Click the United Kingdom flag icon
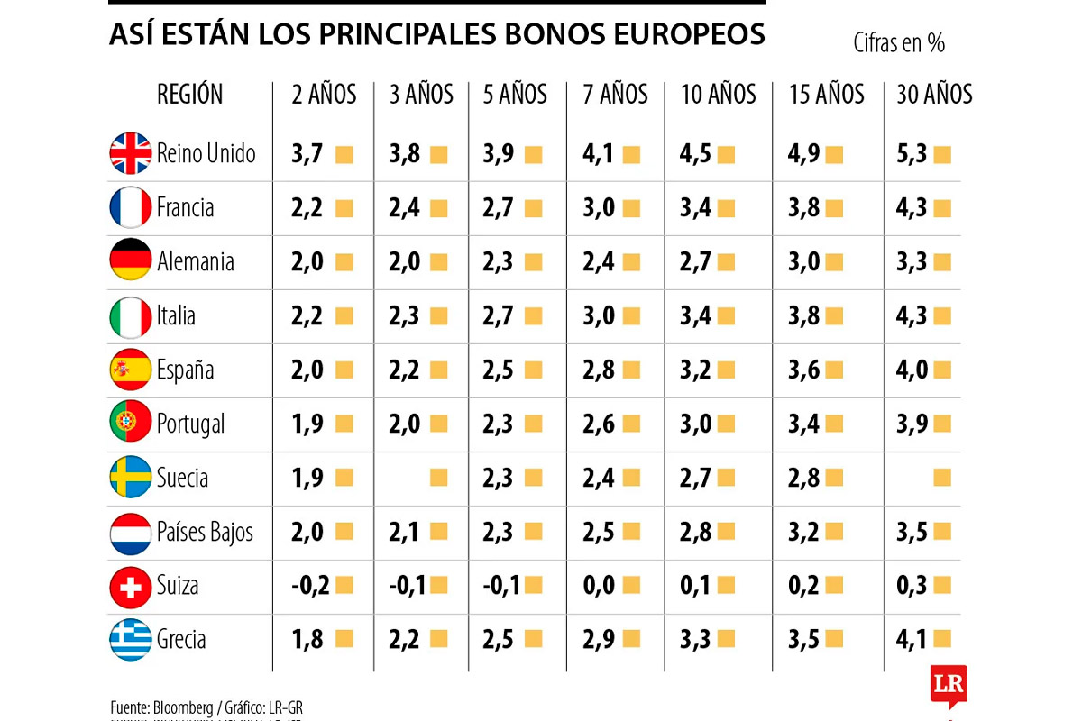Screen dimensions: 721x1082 [131, 153]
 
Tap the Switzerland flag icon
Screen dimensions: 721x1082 [131, 587]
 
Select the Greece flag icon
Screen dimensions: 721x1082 [131, 640]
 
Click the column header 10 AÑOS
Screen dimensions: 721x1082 [719, 95]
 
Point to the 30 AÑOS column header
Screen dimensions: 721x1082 [935, 95]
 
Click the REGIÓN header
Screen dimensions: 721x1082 [189, 94]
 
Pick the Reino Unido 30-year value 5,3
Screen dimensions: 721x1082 [912, 154]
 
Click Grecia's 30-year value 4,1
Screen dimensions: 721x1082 [912, 640]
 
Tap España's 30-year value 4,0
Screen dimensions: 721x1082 [912, 370]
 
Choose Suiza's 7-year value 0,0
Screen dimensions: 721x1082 [599, 586]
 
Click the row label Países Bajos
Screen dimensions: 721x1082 [205, 533]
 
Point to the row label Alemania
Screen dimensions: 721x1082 [195, 262]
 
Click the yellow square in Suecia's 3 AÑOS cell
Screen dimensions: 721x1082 [439, 478]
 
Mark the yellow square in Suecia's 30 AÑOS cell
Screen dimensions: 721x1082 [942, 478]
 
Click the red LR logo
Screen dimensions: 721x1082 [949, 685]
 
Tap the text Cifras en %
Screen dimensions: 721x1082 [898, 42]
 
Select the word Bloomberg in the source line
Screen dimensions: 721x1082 [186, 707]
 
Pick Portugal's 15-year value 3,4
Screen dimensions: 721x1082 [803, 424]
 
